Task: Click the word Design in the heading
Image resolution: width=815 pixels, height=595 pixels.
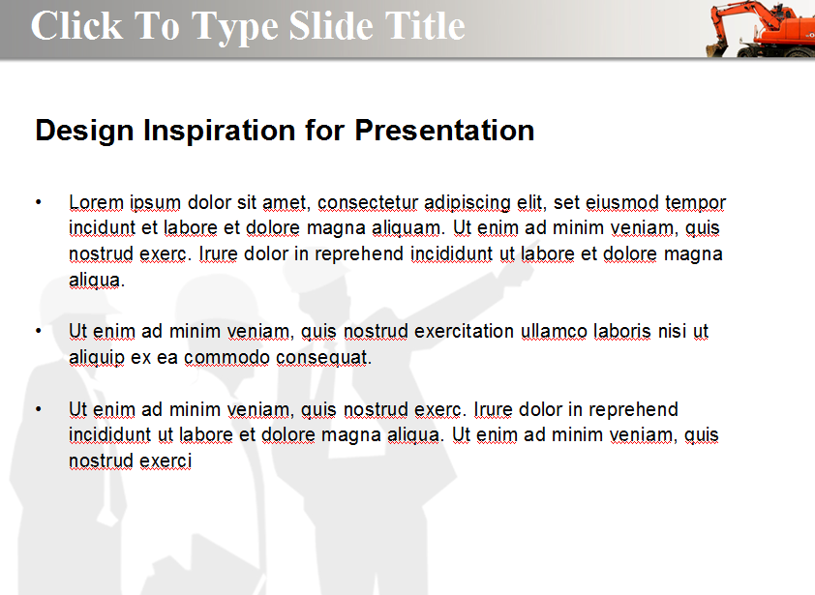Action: pyautogui.click(x=84, y=131)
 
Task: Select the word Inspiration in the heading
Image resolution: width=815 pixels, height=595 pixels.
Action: pyautogui.click(x=220, y=131)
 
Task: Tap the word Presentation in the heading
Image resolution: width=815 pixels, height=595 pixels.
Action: pyautogui.click(x=444, y=130)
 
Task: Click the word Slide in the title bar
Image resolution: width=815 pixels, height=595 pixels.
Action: pyautogui.click(x=331, y=25)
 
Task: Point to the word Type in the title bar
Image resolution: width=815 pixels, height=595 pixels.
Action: pyautogui.click(x=235, y=26)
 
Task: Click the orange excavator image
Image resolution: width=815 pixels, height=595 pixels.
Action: pyautogui.click(x=760, y=29)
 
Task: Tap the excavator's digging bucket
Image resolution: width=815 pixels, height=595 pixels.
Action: pyautogui.click(x=717, y=48)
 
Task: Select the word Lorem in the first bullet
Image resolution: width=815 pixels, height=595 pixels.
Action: pyautogui.click(x=96, y=202)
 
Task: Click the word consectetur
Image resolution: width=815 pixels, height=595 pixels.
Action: pyautogui.click(x=368, y=202)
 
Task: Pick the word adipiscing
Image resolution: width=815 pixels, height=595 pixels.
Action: pyautogui.click(x=468, y=202)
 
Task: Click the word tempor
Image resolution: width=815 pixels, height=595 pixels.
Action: pyautogui.click(x=695, y=202)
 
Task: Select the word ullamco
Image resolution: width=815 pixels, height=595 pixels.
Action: pyautogui.click(x=554, y=331)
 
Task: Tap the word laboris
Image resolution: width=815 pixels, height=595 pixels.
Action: pyautogui.click(x=622, y=331)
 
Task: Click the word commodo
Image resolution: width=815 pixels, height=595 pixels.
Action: pyautogui.click(x=226, y=358)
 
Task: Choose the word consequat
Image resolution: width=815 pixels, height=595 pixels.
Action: pyautogui.click(x=322, y=358)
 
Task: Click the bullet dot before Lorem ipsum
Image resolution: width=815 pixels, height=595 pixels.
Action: pyautogui.click(x=39, y=201)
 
